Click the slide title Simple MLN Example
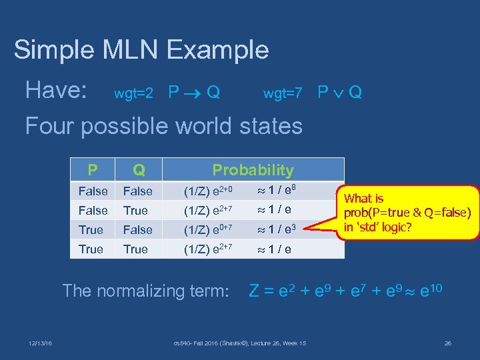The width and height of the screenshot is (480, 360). pyautogui.click(x=141, y=50)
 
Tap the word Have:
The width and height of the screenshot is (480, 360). pyautogui.click(x=56, y=90)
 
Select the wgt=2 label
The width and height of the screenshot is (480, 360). pyautogui.click(x=134, y=93)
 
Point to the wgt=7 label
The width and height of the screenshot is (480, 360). pyautogui.click(x=283, y=93)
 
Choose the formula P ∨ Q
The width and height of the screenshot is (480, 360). pyautogui.click(x=339, y=92)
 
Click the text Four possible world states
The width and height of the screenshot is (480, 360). pyautogui.click(x=163, y=125)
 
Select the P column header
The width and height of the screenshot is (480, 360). pyautogui.click(x=92, y=170)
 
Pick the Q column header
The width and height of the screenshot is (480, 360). pyautogui.click(x=138, y=170)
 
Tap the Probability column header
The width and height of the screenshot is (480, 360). pyautogui.click(x=253, y=170)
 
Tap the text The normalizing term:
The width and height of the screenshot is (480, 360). pyautogui.click(x=146, y=291)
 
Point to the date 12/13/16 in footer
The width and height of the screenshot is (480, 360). pyautogui.click(x=41, y=343)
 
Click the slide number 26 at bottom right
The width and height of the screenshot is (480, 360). pyautogui.click(x=447, y=343)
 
